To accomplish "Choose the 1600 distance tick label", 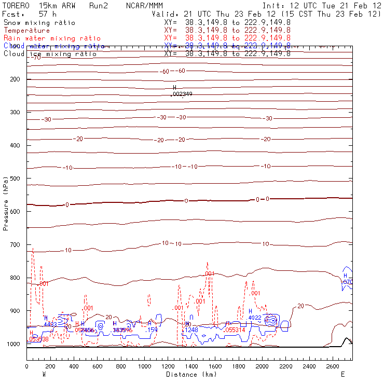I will (215, 367).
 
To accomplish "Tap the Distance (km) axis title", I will (189, 374).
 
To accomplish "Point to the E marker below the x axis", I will (342, 374).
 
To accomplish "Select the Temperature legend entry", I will (27, 31).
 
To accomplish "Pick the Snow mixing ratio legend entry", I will (39, 23).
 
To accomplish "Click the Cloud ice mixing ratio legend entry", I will (50, 54).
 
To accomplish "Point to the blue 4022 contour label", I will (255, 318).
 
